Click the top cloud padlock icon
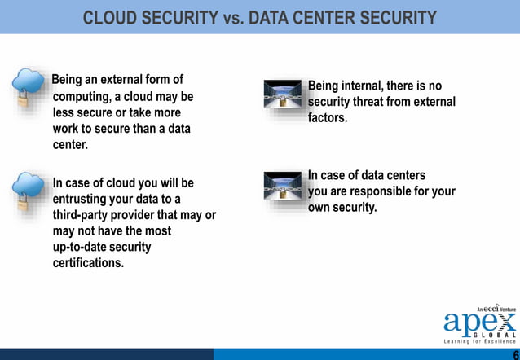[29, 87]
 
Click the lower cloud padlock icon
[29, 191]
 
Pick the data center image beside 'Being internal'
[284, 95]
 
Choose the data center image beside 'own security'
[284, 187]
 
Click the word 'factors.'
[328, 118]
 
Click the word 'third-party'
[84, 215]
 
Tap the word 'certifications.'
[88, 263]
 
